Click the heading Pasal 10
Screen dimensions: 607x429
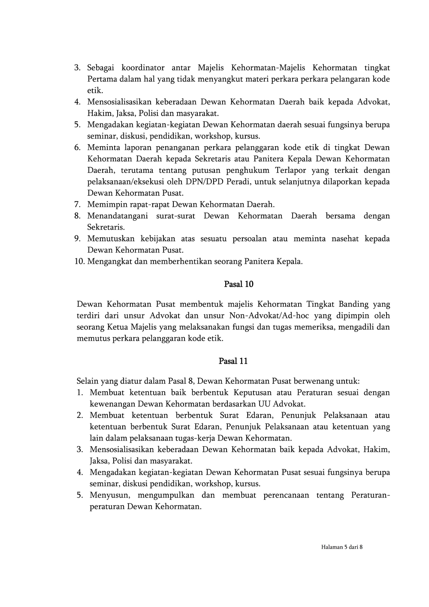[x=239, y=284]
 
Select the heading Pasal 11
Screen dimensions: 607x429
[x=233, y=361]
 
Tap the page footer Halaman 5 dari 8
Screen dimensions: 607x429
[x=342, y=547]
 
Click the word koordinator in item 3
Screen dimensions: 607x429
[x=143, y=68]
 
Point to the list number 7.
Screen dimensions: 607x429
[x=78, y=205]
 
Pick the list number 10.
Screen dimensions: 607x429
[x=79, y=262]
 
